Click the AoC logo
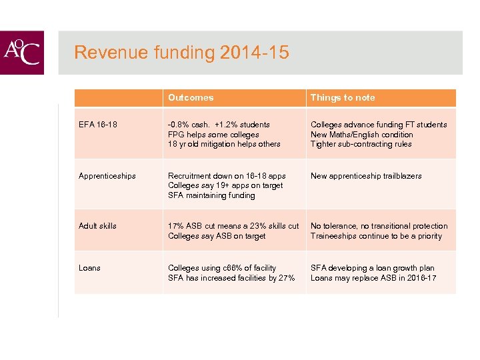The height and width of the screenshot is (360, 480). [22, 52]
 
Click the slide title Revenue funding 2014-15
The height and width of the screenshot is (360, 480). [181, 52]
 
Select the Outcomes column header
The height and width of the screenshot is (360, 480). [191, 97]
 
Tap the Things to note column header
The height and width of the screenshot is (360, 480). [343, 97]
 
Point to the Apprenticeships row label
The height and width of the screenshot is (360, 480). [107, 176]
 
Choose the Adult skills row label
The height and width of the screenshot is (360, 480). [97, 226]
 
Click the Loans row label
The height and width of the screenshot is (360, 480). [89, 268]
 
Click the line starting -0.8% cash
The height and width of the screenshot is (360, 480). [219, 125]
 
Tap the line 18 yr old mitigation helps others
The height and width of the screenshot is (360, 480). [224, 144]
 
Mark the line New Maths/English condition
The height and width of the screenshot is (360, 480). [362, 134]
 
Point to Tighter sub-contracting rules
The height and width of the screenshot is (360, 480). [361, 144]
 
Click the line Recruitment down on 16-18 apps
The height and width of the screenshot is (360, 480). [227, 176]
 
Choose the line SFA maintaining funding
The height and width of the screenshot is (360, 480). [211, 195]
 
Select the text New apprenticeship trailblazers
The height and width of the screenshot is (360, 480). [366, 176]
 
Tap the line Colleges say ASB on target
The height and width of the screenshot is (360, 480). [217, 236]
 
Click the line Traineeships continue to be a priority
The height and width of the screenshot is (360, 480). [376, 236]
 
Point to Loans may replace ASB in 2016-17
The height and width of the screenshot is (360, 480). [373, 278]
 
